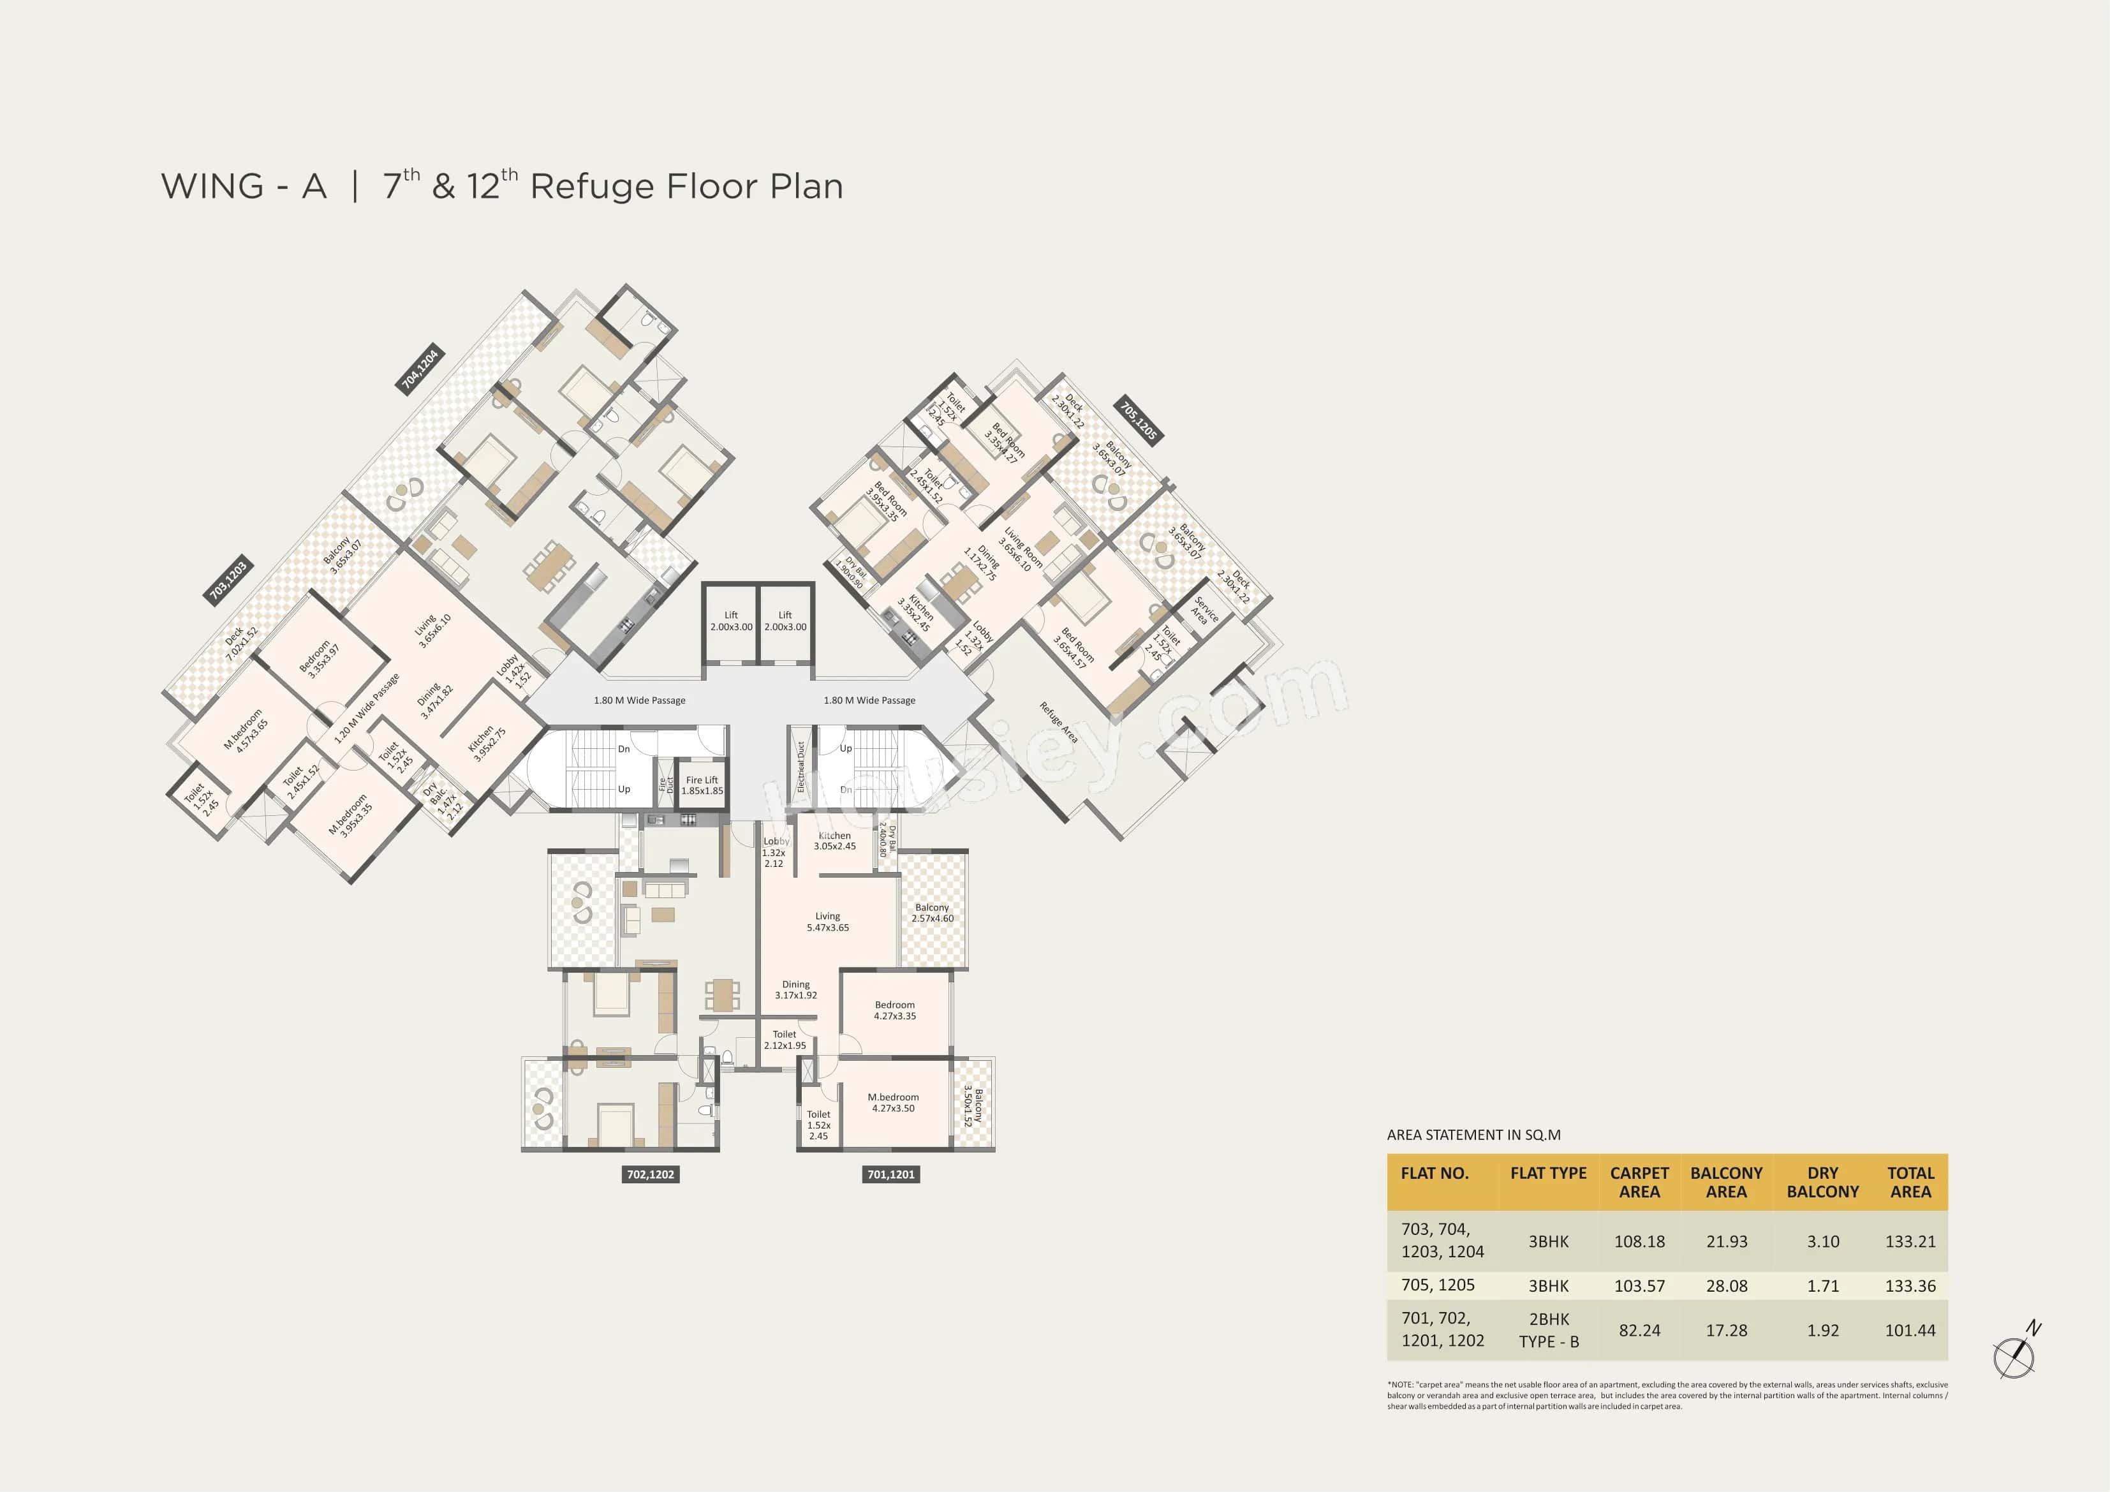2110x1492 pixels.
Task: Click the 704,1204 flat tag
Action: [x=420, y=369]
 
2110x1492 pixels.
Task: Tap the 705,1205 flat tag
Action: [x=1139, y=420]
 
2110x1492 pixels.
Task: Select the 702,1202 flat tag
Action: [x=650, y=1174]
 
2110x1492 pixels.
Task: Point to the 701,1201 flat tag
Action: [x=890, y=1174]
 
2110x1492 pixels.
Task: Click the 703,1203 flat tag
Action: [x=228, y=580]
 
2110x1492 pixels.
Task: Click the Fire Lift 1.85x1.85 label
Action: [x=702, y=785]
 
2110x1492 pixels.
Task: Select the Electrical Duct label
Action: [x=800, y=767]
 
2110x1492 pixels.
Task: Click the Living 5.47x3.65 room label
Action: [x=828, y=922]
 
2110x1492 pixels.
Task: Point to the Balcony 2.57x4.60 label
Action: [x=932, y=913]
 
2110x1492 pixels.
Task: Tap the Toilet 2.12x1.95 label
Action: [x=785, y=1040]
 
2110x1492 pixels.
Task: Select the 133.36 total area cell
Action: [x=1910, y=1286]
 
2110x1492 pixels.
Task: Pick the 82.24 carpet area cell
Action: [x=1639, y=1330]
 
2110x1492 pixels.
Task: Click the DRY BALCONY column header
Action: [x=1822, y=1182]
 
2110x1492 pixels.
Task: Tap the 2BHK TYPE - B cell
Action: [x=1549, y=1330]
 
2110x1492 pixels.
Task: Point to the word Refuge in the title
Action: [x=592, y=187]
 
